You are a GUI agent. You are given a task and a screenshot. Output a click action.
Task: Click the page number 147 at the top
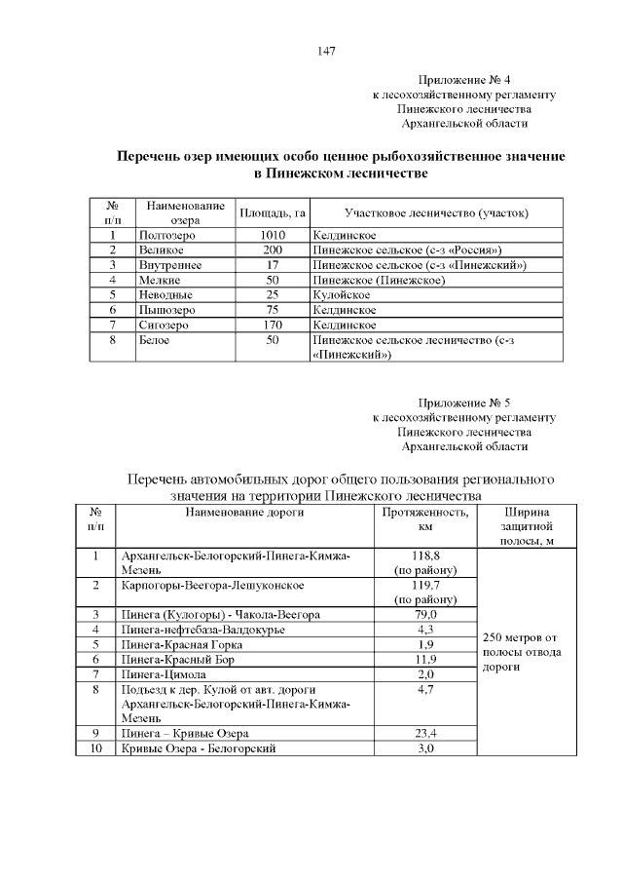327,51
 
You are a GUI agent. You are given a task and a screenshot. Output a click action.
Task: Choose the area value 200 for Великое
273,250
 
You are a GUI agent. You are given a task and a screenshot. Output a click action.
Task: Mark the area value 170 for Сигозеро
273,324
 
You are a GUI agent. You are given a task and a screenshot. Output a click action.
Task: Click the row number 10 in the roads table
95,748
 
